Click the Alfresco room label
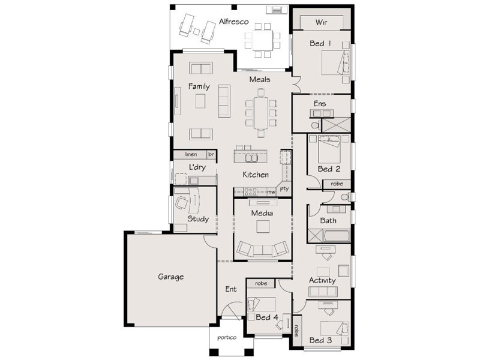(233, 22)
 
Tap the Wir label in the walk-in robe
(321, 22)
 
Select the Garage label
(171, 277)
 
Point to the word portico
(227, 338)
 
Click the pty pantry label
(284, 188)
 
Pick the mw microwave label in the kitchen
(271, 192)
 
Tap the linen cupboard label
(191, 154)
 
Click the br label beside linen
(211, 155)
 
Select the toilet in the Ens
(316, 125)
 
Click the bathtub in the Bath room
(337, 236)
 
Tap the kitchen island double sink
(251, 158)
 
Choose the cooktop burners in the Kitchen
(250, 191)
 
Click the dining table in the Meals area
(261, 113)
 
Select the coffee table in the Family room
(200, 101)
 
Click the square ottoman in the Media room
(263, 227)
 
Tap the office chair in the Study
(182, 203)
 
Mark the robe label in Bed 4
(261, 283)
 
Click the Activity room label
(322, 280)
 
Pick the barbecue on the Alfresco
(277, 10)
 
